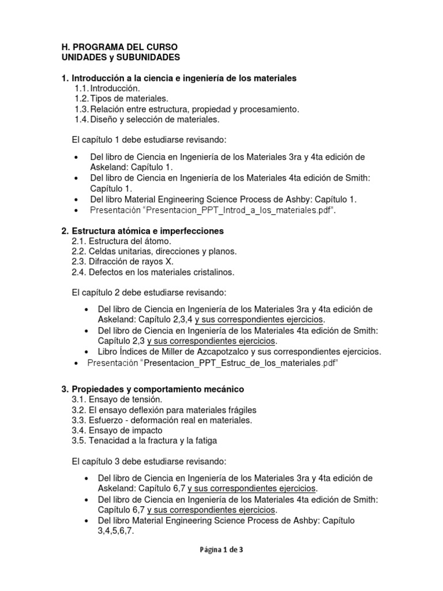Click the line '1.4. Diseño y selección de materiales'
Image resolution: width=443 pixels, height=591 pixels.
point(147,119)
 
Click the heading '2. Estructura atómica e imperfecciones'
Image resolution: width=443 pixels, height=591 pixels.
point(142,231)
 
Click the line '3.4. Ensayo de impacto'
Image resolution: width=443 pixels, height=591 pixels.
point(117,431)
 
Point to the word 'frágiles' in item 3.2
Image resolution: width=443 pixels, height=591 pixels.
point(242,410)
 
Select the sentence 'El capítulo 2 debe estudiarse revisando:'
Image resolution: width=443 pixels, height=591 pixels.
point(149,293)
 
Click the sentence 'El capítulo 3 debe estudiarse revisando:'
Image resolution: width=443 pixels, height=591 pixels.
point(149,462)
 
